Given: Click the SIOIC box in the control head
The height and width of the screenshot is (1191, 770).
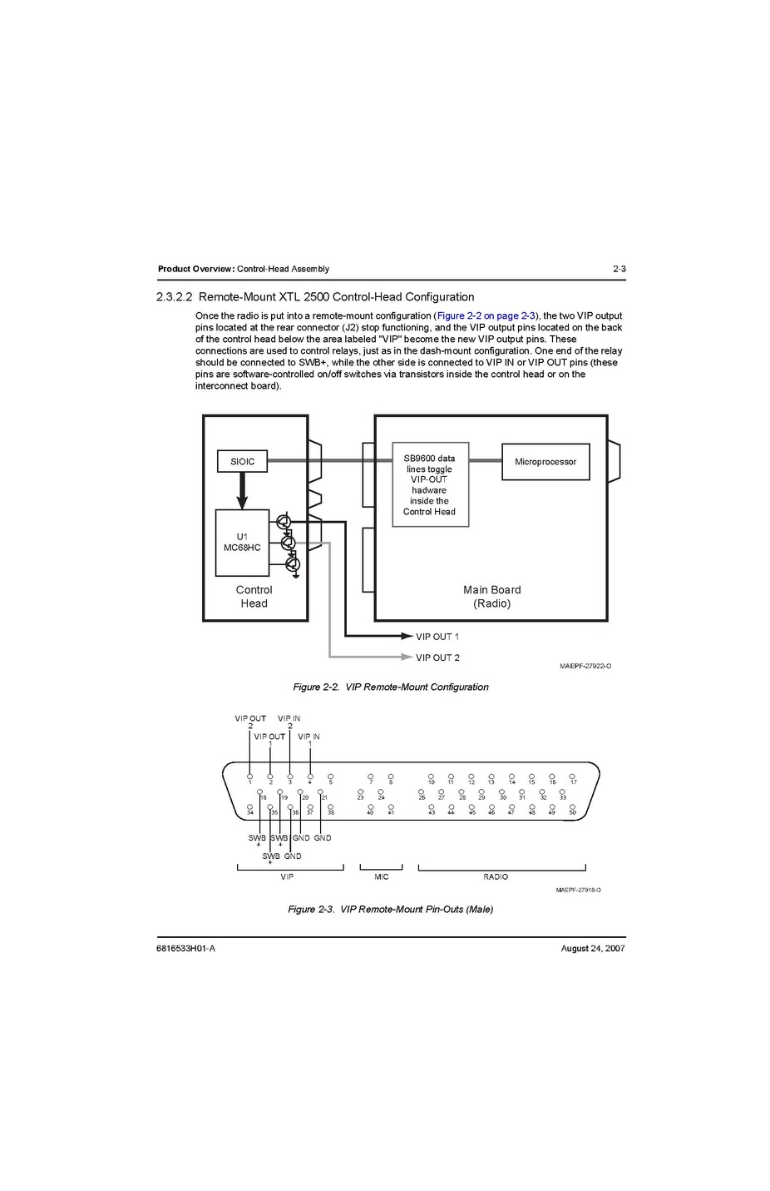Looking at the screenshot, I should click(x=242, y=461).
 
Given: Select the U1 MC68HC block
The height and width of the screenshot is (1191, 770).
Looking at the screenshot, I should click(x=242, y=543).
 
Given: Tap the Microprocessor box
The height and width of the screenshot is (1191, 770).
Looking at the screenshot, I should click(x=545, y=462).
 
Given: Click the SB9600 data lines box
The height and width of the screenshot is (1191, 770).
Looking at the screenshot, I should click(x=430, y=484).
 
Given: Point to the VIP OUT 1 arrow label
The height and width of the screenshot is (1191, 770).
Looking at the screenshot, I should click(x=437, y=637).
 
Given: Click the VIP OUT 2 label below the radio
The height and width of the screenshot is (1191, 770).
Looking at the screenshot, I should click(x=437, y=658).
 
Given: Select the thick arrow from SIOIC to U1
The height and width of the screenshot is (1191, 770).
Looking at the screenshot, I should click(x=242, y=490).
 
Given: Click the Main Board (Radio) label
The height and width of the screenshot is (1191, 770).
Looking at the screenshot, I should click(x=492, y=596).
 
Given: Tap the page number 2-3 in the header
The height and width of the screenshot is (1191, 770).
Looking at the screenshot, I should click(x=619, y=269).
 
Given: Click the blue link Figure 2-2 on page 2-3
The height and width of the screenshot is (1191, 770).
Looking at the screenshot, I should click(x=486, y=315).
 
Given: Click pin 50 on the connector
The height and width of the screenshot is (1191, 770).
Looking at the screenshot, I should click(x=572, y=809).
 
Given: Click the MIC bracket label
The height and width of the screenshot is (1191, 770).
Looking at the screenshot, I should click(x=382, y=876).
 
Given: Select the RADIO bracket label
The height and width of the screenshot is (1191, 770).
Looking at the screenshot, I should click(x=496, y=876).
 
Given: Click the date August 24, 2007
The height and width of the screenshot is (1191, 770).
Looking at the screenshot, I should click(x=593, y=948).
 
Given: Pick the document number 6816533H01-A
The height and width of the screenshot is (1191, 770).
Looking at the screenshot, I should click(x=185, y=948).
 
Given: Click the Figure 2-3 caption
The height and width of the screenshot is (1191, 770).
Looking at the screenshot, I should click(x=391, y=909).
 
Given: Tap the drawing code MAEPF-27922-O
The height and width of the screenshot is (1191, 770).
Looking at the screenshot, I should click(x=585, y=666).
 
